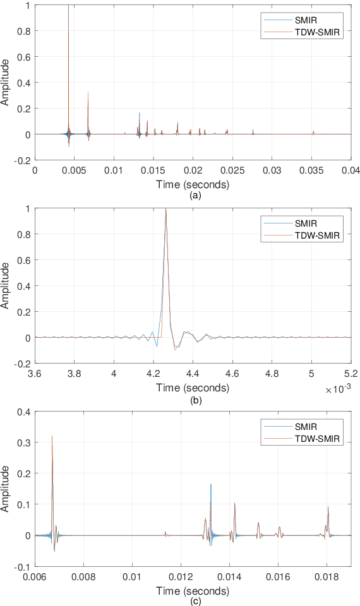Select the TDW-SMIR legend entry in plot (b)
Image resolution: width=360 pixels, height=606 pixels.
pos(314,236)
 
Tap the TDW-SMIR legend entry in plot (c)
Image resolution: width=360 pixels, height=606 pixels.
pos(314,439)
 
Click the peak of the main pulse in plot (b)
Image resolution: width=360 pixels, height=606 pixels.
pos(165,210)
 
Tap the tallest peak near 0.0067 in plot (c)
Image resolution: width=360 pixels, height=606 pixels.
pos(52,436)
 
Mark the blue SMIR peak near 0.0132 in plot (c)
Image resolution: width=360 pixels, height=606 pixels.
pos(211,485)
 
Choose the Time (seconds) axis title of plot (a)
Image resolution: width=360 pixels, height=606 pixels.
pos(193,184)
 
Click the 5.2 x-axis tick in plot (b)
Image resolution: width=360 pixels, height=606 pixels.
pos(351,374)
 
